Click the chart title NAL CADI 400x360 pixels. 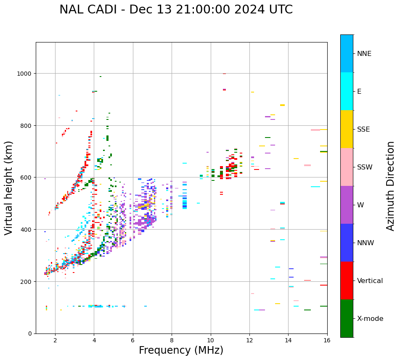pos(176,10)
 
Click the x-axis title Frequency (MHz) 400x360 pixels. pos(181,350)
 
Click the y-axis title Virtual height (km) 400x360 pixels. pos(9,188)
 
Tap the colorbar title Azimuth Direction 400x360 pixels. pos(391,186)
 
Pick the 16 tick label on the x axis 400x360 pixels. pos(327,340)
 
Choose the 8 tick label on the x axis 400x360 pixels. pos(172,340)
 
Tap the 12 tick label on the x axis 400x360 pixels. pos(249,340)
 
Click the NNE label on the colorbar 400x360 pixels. pos(364,54)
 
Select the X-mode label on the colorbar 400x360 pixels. pos(370,319)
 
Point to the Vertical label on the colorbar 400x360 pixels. pos(370,281)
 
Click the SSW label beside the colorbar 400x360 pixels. pos(365,167)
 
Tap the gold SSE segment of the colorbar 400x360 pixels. pos(347,129)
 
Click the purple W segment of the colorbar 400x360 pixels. pos(347,205)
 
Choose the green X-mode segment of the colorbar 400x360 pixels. pos(347,318)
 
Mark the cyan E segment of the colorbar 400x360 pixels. pos(347,91)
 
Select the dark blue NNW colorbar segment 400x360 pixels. pos(347,243)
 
